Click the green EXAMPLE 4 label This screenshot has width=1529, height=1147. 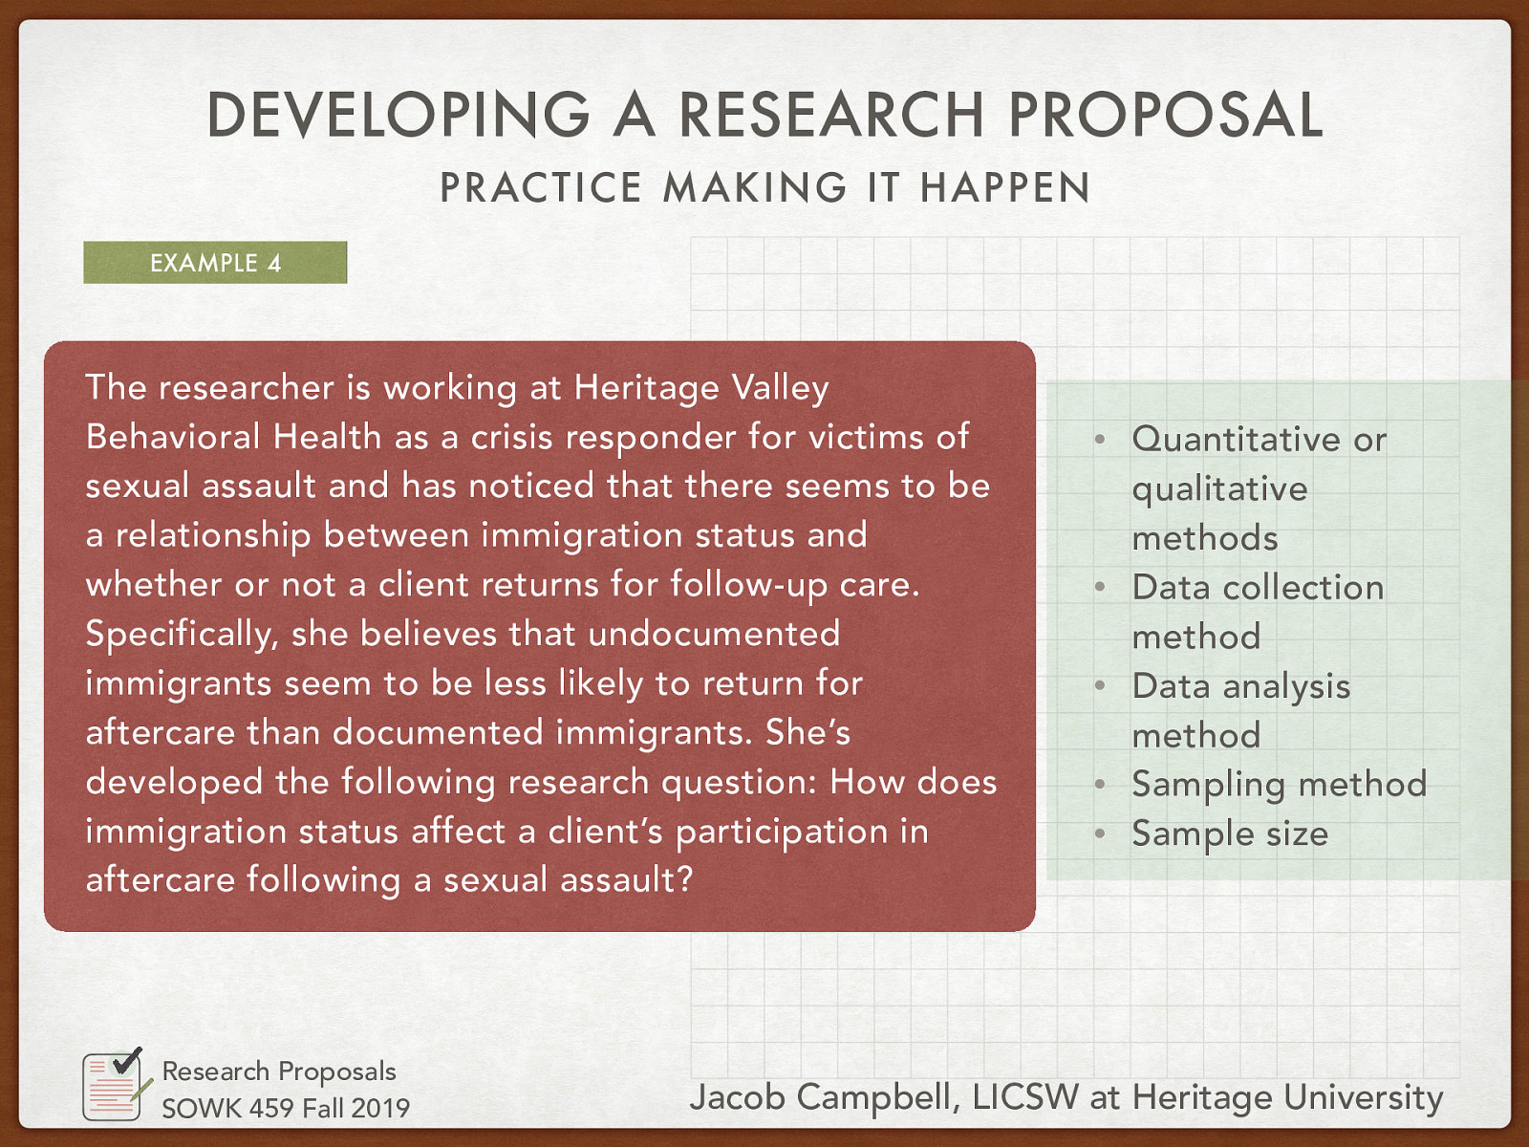point(215,263)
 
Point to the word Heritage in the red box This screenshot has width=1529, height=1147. point(646,388)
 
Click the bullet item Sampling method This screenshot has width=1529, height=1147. point(1279,785)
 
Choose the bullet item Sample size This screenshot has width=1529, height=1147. point(1230,833)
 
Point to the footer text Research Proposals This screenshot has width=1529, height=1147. point(279,1071)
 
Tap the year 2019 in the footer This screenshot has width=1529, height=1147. point(380,1108)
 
